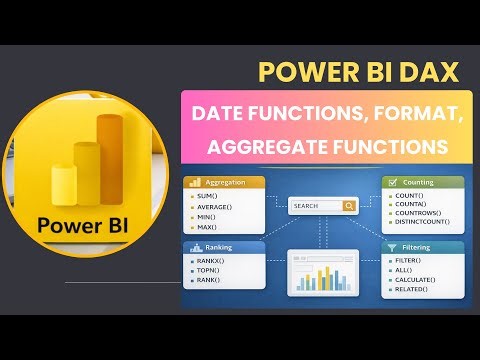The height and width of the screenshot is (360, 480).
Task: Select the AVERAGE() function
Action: click(216, 208)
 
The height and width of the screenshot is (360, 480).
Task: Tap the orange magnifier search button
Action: click(348, 206)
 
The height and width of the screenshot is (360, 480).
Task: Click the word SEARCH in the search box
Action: click(307, 206)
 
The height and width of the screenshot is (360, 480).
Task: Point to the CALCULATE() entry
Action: click(414, 279)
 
